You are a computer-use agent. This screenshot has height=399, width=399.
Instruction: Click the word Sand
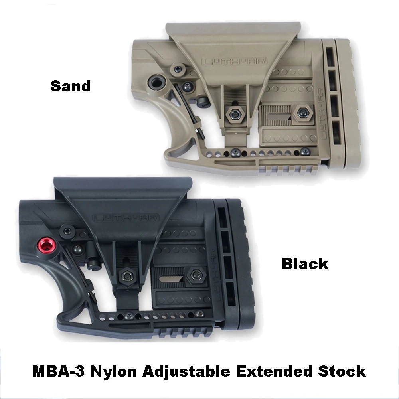(x=71, y=85)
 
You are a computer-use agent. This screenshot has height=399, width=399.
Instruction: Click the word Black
(x=305, y=264)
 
